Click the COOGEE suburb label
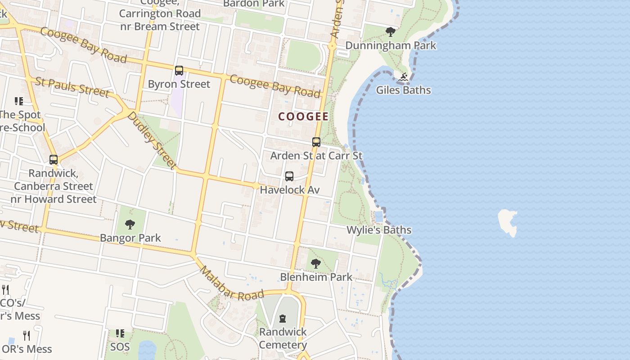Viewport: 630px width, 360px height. click(x=303, y=117)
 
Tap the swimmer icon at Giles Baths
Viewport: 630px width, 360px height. click(x=403, y=77)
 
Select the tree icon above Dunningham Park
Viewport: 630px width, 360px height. click(x=391, y=32)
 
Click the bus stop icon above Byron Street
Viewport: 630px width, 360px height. click(x=179, y=71)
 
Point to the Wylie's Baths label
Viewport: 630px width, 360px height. click(x=378, y=230)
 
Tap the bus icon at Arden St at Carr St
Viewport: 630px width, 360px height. click(x=316, y=142)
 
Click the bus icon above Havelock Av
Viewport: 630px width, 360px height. click(x=289, y=176)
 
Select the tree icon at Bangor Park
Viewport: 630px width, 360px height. click(x=130, y=224)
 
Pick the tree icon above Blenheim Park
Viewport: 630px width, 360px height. click(x=316, y=263)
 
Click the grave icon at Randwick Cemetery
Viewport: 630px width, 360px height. click(x=283, y=319)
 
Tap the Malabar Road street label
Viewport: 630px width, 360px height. click(x=231, y=284)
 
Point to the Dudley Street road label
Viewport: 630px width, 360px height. click(x=152, y=140)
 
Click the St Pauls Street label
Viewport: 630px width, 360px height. click(x=72, y=87)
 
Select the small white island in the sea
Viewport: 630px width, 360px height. click(x=508, y=221)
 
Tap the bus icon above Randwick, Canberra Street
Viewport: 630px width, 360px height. click(x=54, y=160)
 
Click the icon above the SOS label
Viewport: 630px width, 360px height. click(x=120, y=333)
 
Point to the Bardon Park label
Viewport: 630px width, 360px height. click(x=254, y=4)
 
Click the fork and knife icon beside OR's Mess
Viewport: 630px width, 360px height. click(x=27, y=336)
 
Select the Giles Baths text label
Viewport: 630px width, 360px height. click(x=403, y=90)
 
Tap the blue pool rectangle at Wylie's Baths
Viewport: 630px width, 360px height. click(x=378, y=216)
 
